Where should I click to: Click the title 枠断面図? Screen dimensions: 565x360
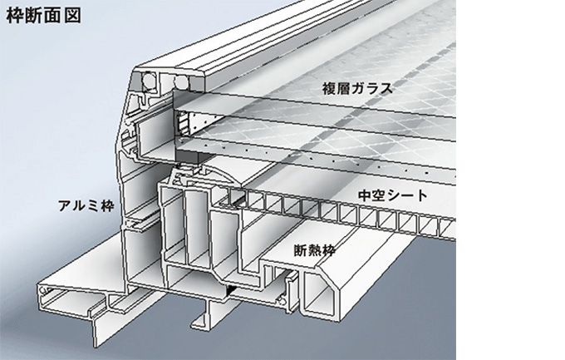coord(43,16)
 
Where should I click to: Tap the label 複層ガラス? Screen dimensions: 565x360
coord(357,88)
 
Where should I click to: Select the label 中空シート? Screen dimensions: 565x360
coord(393,195)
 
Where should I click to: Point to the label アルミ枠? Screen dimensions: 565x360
coord(86,205)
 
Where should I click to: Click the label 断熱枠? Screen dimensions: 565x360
coord(315,250)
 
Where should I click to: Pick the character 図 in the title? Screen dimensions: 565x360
coord(73,16)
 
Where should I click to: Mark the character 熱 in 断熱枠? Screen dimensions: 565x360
coord(315,250)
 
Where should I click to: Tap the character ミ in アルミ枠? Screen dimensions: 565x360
coord(93,205)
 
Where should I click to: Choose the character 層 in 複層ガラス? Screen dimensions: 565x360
coord(344,88)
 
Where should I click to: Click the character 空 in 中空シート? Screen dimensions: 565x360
coord(379,195)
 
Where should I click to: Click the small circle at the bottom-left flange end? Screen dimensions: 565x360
coord(43,289)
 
